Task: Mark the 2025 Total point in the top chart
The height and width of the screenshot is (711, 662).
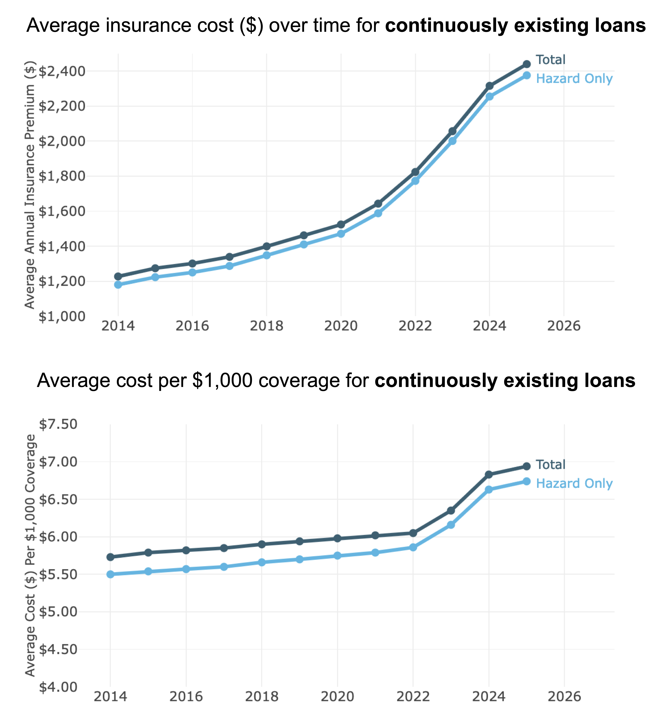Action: coord(527,64)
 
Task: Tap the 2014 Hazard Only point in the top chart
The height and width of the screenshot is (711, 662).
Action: coord(118,285)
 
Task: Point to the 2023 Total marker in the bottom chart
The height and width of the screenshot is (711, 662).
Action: coord(451,510)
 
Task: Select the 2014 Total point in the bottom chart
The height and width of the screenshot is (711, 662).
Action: coord(110,557)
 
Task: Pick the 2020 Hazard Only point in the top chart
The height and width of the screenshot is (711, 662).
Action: coord(341,234)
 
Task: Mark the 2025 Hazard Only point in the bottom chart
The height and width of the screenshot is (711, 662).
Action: coord(527,481)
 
